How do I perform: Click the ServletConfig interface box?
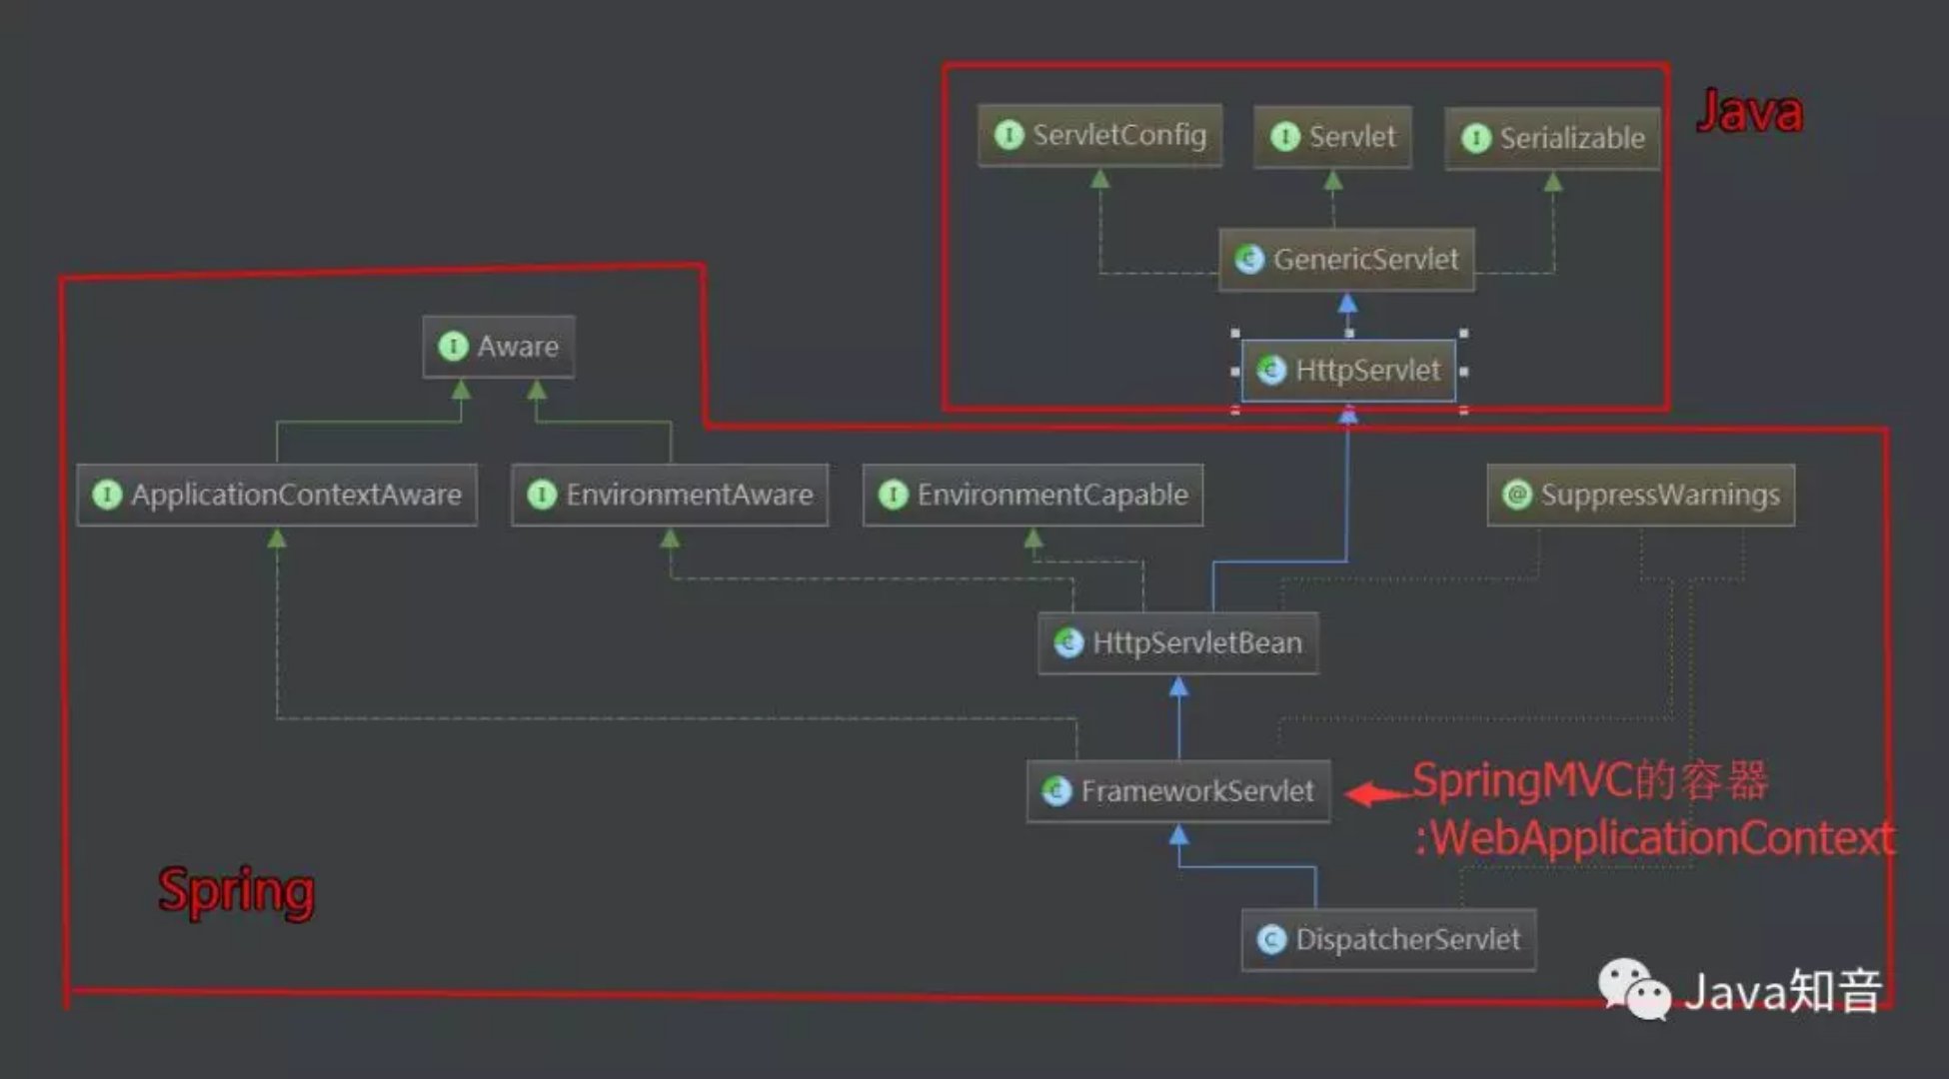pos(1099,135)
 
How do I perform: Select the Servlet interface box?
pos(1332,137)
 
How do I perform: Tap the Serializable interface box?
pos(1552,138)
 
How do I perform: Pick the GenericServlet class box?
pos(1346,260)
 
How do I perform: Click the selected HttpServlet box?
pos(1348,371)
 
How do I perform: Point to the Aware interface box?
pos(499,347)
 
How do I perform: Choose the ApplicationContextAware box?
pos(277,495)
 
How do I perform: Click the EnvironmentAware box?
pos(670,495)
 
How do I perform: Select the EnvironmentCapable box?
pos(1032,495)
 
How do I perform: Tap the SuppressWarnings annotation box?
pos(1641,495)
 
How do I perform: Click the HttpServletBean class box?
pos(1178,643)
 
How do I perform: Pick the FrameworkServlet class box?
pos(1178,791)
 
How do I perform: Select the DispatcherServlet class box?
pos(1388,940)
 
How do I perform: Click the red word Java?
pos(1750,111)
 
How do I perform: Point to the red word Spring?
pos(237,891)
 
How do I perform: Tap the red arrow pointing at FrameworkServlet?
pos(1379,794)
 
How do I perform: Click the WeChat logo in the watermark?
pos(1634,989)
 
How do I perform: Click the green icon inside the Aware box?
pos(454,347)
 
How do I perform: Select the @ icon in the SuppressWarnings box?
pos(1517,495)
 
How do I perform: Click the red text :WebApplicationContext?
pos(1654,837)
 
